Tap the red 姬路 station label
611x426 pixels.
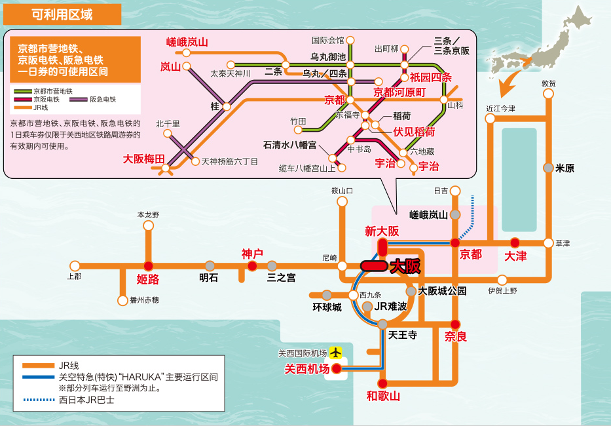[x=148, y=279]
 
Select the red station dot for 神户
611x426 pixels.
[x=252, y=265]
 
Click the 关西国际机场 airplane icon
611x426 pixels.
[x=336, y=353]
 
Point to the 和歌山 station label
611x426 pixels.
[x=383, y=396]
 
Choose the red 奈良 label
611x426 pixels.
[x=456, y=337]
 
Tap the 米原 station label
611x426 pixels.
[x=565, y=168]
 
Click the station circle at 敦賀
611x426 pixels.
[x=548, y=94]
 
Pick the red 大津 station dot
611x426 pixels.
[x=515, y=242]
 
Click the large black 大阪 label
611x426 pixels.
[x=404, y=267]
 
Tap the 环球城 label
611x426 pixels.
[x=327, y=307]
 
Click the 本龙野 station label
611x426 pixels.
[x=148, y=215]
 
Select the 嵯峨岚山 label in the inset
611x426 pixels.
[x=187, y=42]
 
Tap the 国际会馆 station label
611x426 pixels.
[x=327, y=40]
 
